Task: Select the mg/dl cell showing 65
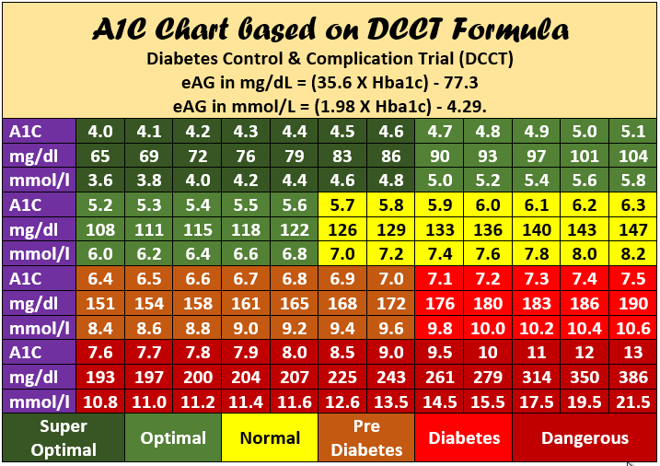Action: [x=100, y=155]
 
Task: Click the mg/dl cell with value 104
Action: [x=633, y=155]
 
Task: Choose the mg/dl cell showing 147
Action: [x=633, y=229]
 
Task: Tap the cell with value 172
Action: [x=392, y=303]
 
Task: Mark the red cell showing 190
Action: [x=633, y=303]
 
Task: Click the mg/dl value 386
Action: [x=633, y=378]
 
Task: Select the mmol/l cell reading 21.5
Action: [x=633, y=402]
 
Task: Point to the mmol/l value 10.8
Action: [x=100, y=402]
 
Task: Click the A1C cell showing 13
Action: [x=633, y=354]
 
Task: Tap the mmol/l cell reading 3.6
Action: [x=100, y=180]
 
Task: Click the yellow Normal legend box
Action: [x=270, y=438]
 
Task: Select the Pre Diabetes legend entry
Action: [x=365, y=438]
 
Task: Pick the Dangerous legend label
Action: [x=585, y=438]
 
